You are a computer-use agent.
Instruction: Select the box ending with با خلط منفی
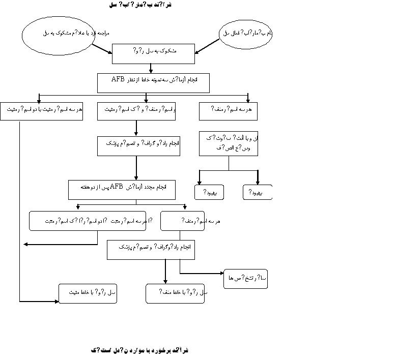175,293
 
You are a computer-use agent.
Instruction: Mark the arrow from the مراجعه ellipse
102,48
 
